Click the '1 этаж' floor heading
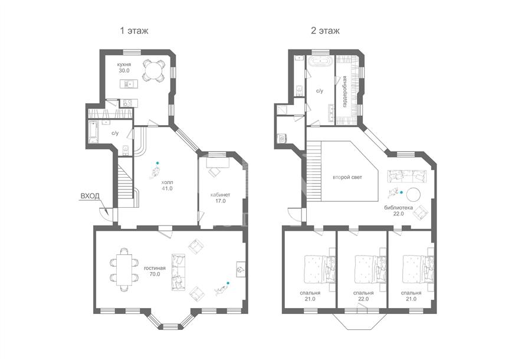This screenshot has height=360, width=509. pyautogui.click(x=134, y=31)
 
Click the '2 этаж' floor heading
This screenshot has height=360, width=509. pyautogui.click(x=325, y=31)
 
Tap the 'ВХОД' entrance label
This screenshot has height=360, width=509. pyautogui.click(x=90, y=196)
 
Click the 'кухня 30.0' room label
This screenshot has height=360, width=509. pyautogui.click(x=124, y=67)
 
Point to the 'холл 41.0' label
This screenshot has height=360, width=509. pyautogui.click(x=167, y=185)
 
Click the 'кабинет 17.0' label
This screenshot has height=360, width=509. pyautogui.click(x=220, y=198)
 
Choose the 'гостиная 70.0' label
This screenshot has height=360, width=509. pyautogui.click(x=155, y=271)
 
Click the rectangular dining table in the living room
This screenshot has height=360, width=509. pyautogui.click(x=124, y=270)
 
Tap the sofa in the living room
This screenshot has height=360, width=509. pyautogui.click(x=178, y=272)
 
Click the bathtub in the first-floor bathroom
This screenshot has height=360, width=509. pyautogui.click(x=93, y=133)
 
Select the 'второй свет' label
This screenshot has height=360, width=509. pyautogui.click(x=347, y=178)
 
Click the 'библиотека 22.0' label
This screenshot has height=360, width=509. pyautogui.click(x=398, y=211)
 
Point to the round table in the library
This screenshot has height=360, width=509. pyautogui.click(x=413, y=195)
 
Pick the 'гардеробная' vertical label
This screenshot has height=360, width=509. pyautogui.click(x=344, y=91)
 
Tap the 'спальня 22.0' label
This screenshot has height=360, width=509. pyautogui.click(x=363, y=296)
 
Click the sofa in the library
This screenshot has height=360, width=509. pyautogui.click(x=406, y=176)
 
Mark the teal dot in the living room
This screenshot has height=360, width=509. pyautogui.click(x=228, y=283)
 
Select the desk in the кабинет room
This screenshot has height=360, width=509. pyautogui.click(x=218, y=162)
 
